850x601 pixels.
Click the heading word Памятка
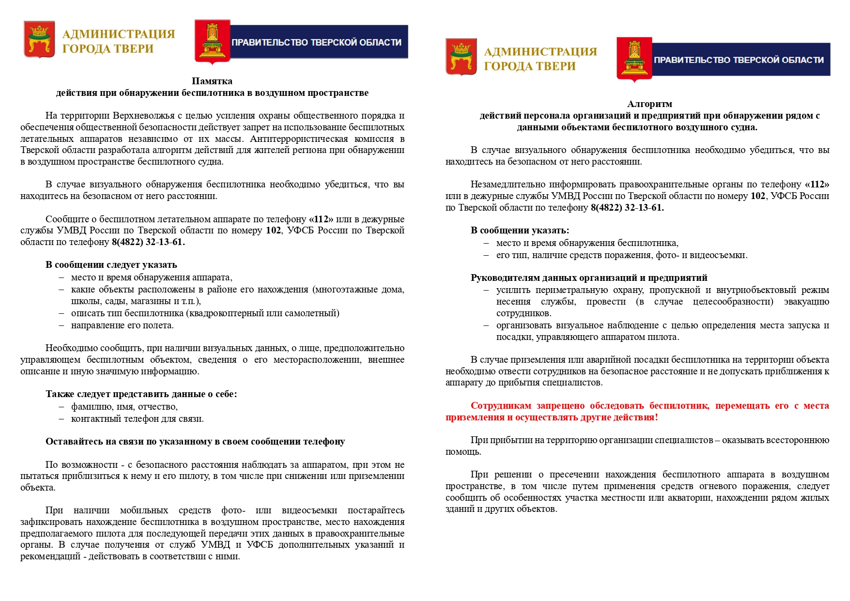point(212,81)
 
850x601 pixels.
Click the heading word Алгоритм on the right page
point(649,104)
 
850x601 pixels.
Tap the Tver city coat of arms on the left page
point(39,40)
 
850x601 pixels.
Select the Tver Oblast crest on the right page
point(634,59)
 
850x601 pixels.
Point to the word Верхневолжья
point(141,116)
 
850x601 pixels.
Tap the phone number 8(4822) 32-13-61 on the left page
point(148,242)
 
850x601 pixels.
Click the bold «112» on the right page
point(817,185)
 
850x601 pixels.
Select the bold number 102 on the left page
point(273,231)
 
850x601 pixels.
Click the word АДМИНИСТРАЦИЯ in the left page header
point(119,34)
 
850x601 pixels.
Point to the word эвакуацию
point(806,302)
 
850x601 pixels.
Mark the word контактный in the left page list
point(95,419)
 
